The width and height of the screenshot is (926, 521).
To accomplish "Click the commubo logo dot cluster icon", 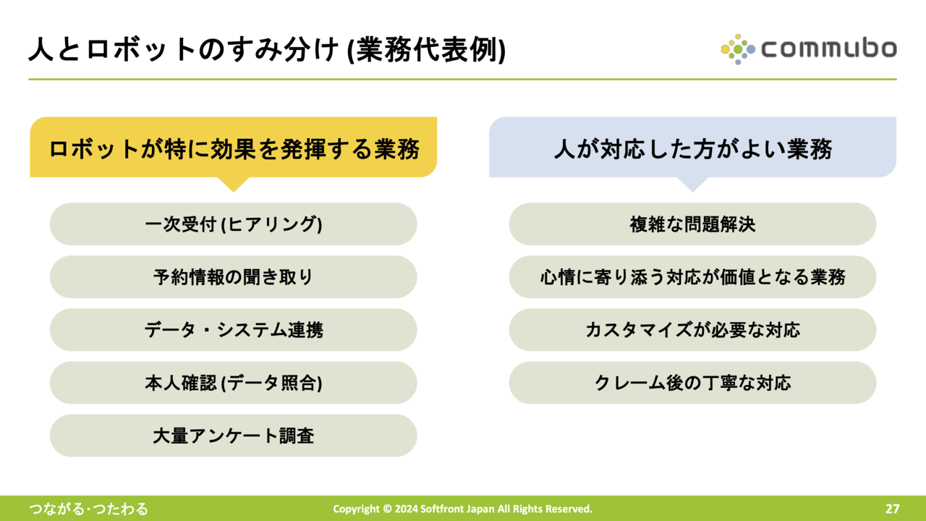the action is [738, 50].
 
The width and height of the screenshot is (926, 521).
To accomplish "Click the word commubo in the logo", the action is [829, 48].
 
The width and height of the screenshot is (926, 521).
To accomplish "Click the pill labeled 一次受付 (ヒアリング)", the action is [234, 224].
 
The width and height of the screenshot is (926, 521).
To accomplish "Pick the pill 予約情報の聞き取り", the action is [234, 277].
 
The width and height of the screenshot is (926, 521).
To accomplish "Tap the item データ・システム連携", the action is [234, 330].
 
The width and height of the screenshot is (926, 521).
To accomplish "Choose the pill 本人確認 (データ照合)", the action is [234, 383].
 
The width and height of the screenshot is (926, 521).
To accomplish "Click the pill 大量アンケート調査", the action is [234, 436].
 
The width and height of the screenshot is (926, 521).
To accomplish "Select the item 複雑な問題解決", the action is [692, 224].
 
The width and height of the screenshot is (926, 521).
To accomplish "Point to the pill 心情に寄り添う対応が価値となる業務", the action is [692, 277].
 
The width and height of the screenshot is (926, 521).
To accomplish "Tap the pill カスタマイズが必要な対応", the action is [692, 330].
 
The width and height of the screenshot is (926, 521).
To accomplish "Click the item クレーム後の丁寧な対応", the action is [692, 383].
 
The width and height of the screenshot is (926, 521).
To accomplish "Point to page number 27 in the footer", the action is [893, 509].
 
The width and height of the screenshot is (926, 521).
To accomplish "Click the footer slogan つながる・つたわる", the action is [88, 509].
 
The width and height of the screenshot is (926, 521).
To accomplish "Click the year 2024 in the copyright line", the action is [406, 509].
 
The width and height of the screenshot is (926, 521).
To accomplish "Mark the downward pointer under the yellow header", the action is [234, 185].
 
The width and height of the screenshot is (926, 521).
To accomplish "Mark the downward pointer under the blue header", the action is [693, 185].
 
